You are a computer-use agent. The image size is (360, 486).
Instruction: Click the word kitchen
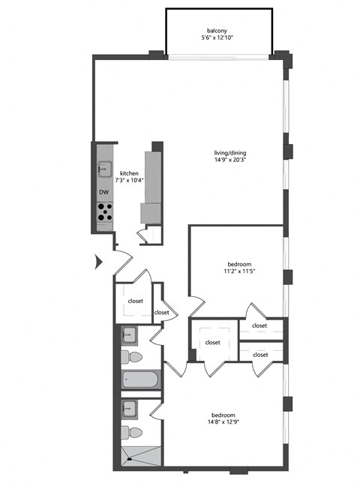pyautogui.click(x=129, y=172)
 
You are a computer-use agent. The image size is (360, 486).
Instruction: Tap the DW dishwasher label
pyautogui.click(x=103, y=193)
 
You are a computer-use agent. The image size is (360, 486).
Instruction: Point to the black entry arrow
pyautogui.click(x=97, y=262)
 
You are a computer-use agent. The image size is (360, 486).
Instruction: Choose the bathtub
pyautogui.click(x=140, y=380)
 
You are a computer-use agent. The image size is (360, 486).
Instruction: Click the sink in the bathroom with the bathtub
pyautogui.click(x=128, y=334)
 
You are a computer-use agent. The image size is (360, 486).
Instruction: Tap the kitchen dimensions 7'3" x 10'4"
pyautogui.click(x=129, y=181)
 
